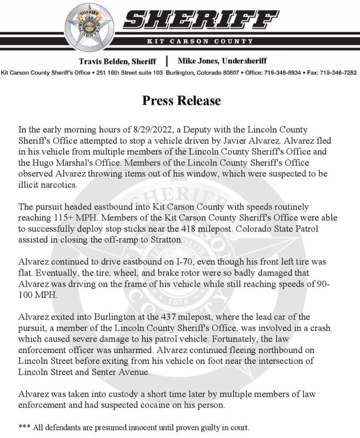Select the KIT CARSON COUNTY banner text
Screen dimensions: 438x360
point(200,41)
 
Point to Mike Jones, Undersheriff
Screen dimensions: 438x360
point(222,61)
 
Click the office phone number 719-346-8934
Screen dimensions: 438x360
point(282,72)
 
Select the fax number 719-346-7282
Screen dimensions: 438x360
point(338,72)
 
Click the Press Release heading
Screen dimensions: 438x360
point(181,100)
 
